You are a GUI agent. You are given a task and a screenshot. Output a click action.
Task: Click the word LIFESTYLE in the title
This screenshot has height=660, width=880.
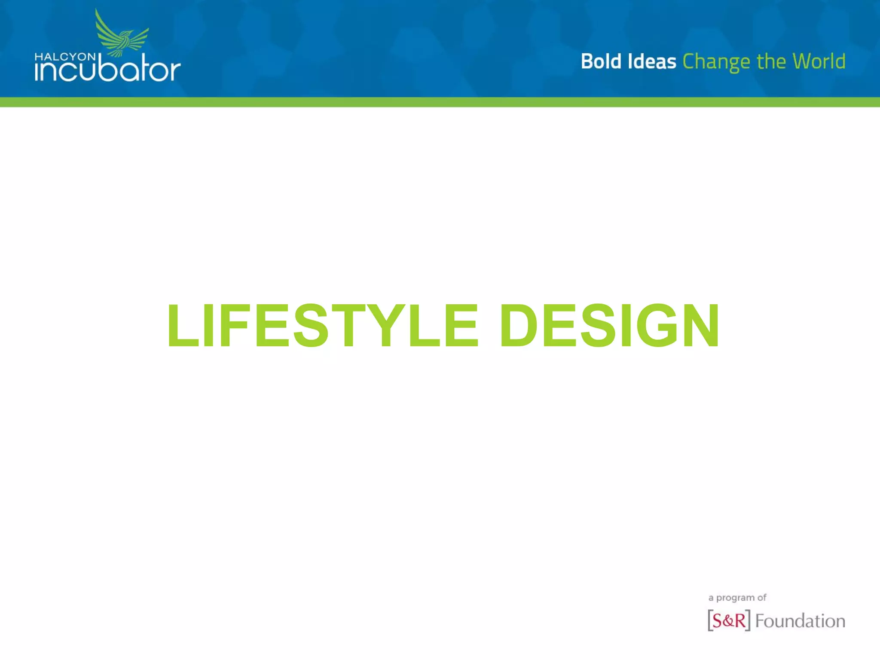tap(322, 325)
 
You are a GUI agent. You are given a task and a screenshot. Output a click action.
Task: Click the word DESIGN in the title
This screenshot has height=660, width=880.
tap(609, 325)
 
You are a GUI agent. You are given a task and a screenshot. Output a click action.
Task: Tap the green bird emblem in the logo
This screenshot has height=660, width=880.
tap(122, 37)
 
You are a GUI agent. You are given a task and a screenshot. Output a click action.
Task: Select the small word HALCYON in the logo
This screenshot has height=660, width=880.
tap(65, 57)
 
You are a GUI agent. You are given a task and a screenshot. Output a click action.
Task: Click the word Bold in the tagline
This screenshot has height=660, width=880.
tap(601, 61)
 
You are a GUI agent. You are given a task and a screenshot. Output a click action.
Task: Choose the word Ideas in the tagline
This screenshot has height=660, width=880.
tap(652, 61)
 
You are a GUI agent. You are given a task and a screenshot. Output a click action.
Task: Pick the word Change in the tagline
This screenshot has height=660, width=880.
tap(716, 62)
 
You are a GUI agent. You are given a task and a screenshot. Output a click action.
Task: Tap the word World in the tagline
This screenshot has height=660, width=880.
tap(819, 61)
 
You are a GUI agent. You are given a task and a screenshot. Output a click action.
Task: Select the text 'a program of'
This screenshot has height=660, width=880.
tap(737, 598)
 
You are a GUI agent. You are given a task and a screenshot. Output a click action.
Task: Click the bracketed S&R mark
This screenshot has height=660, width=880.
tap(729, 620)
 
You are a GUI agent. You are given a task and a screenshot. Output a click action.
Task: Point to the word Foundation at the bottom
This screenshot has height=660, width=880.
tap(800, 621)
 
